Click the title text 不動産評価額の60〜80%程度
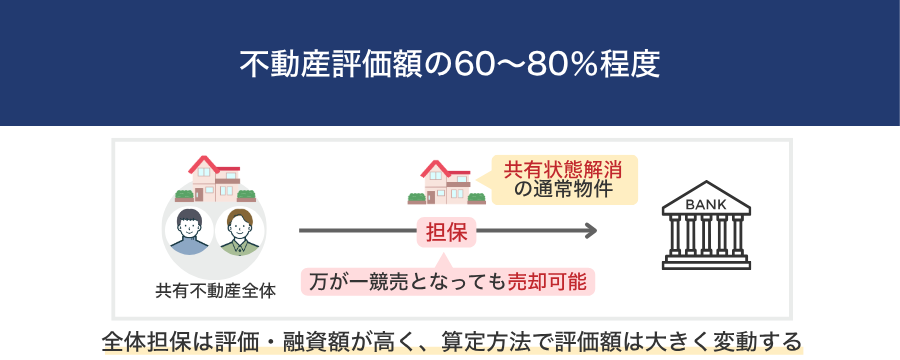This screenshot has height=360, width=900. tap(449, 65)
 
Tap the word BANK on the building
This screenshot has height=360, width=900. tap(706, 204)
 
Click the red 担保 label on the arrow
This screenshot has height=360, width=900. tap(447, 232)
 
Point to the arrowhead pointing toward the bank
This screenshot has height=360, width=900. tap(591, 231)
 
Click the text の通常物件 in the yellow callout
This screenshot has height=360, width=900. tap(563, 189)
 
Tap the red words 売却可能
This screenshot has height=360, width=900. tap(548, 282)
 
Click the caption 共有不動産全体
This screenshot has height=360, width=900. tap(215, 292)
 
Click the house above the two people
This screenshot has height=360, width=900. tap(215, 179)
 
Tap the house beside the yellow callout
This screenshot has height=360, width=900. tap(446, 182)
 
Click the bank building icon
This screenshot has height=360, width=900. tap(706, 225)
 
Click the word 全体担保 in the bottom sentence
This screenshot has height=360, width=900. tap(145, 342)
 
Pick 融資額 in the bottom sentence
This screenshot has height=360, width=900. tap(310, 342)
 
